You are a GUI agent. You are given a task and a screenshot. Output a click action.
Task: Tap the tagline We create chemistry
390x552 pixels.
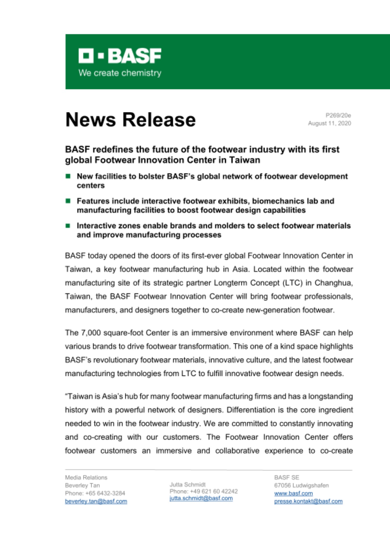click(120, 73)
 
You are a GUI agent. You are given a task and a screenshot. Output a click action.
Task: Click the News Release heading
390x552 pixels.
click(130, 120)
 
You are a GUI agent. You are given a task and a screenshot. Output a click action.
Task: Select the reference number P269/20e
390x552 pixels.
click(338, 115)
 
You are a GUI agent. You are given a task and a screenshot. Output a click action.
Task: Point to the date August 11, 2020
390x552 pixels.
click(329, 123)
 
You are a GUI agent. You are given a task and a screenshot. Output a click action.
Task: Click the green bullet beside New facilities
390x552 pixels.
click(68, 176)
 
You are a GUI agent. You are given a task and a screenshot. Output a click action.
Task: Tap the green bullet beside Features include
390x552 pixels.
click(68, 201)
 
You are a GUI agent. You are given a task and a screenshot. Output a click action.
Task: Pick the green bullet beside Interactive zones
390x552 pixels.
click(68, 225)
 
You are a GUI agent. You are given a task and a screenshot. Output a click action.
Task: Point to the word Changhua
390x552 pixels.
click(333, 283)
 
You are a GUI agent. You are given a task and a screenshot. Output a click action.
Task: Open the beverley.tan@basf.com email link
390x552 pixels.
click(96, 501)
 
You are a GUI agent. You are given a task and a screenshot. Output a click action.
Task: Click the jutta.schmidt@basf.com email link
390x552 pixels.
click(201, 498)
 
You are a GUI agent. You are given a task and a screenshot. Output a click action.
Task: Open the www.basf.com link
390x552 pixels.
click(293, 493)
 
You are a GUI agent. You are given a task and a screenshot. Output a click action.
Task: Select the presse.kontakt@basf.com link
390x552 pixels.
click(308, 501)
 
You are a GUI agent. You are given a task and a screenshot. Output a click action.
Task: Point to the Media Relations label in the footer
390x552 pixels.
click(86, 477)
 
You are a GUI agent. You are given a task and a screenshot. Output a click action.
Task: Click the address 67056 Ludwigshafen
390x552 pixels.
click(301, 485)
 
